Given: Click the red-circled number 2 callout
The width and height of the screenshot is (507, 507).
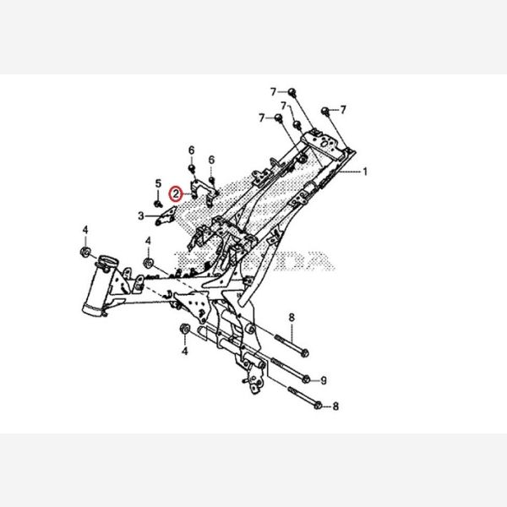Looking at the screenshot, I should [x=176, y=194].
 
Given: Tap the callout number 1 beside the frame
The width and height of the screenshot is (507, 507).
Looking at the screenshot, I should [x=366, y=172].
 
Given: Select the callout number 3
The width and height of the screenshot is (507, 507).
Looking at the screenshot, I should [x=140, y=216].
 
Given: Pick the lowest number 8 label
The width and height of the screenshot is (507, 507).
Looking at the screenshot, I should [x=335, y=406].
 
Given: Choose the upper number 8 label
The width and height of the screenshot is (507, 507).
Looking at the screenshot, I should [x=292, y=318].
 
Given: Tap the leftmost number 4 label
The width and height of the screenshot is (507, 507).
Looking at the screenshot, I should [x=84, y=230].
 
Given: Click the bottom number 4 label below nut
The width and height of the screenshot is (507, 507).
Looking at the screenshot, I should [x=184, y=348].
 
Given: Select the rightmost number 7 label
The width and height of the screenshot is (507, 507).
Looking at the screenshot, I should [x=344, y=110].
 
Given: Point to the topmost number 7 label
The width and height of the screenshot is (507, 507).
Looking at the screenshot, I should [x=273, y=90].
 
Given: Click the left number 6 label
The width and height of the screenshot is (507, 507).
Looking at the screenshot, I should [x=192, y=150].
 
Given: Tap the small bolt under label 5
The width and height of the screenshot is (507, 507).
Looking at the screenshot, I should [x=158, y=203].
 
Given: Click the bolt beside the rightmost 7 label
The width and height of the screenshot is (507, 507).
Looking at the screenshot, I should [x=326, y=111].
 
